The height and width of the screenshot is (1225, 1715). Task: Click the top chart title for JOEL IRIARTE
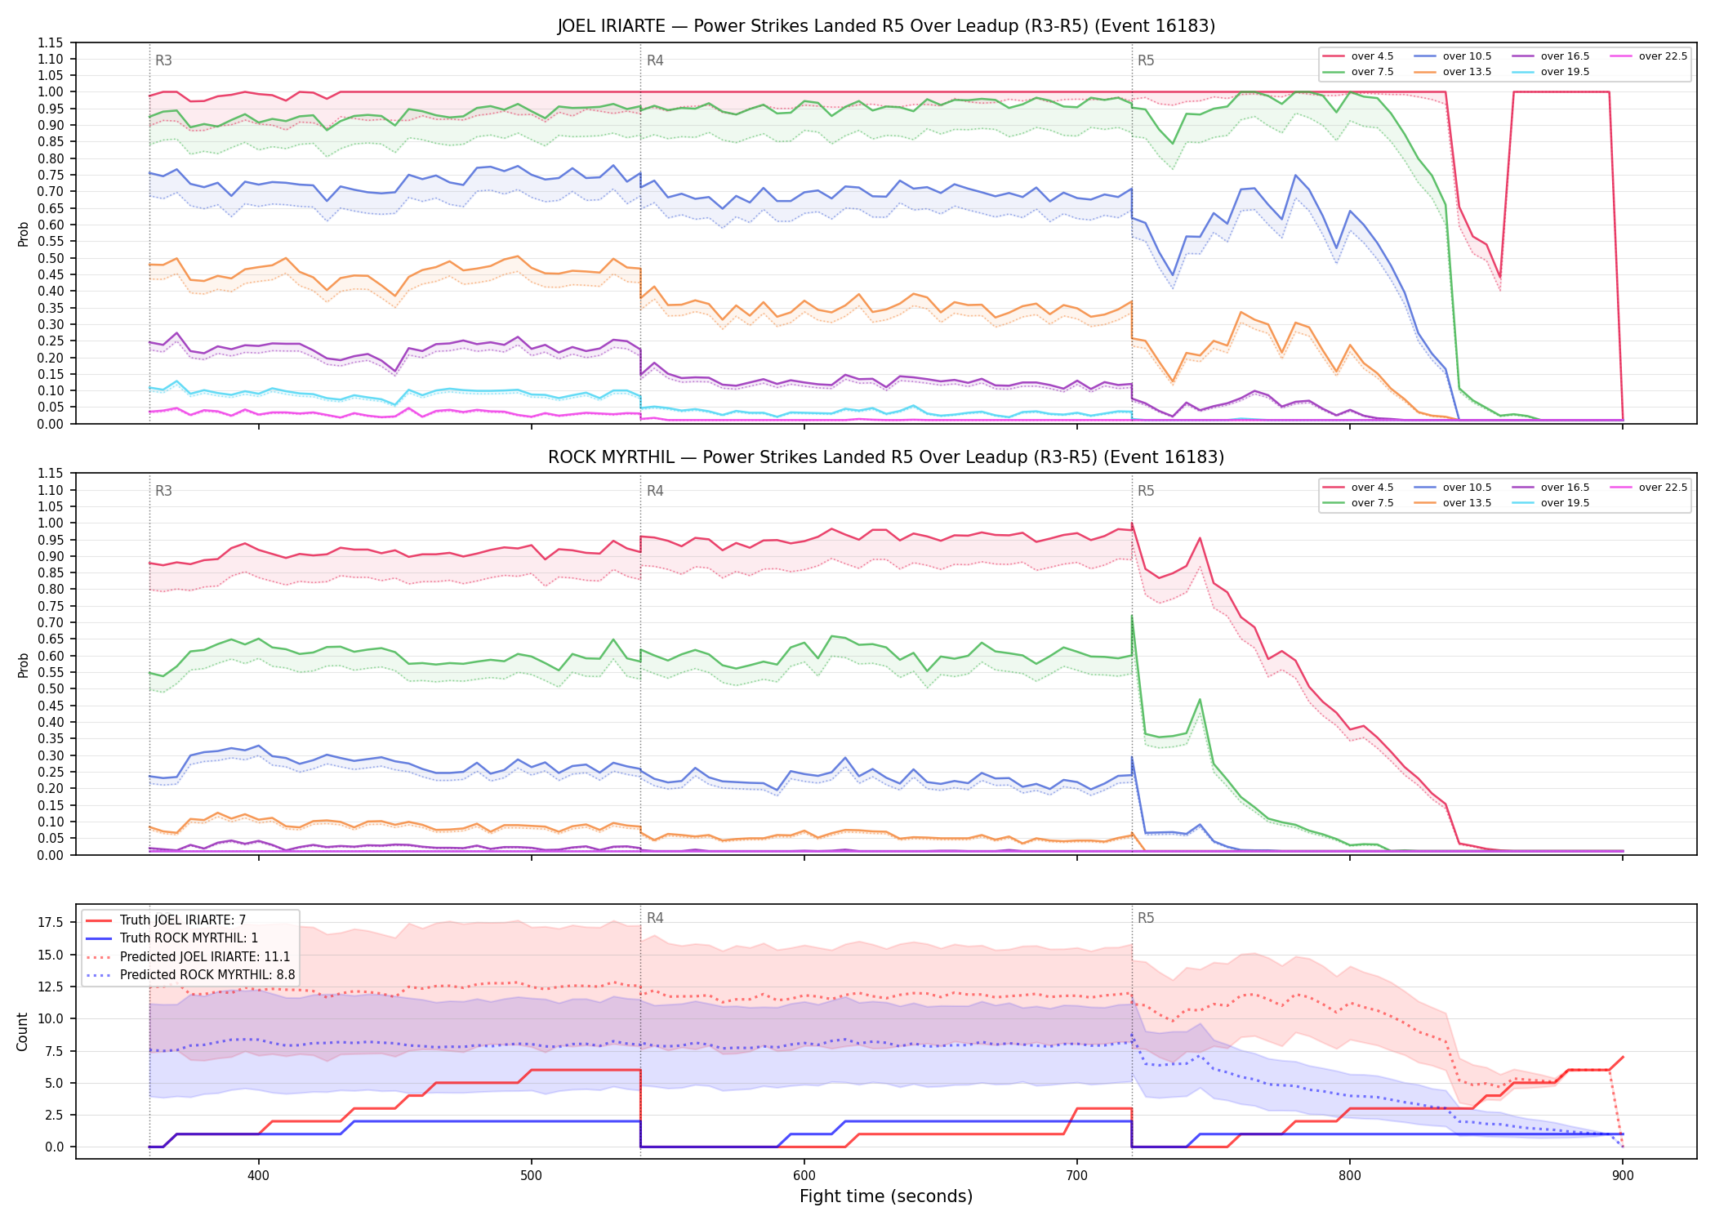coord(886,26)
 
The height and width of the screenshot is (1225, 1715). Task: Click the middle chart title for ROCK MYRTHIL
coord(886,457)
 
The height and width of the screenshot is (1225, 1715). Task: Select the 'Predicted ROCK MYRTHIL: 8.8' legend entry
coord(190,974)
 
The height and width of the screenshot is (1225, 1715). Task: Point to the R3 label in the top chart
coord(163,60)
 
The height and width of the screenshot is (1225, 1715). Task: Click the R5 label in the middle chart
coord(1146,491)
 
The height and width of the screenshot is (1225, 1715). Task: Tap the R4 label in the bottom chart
coord(655,918)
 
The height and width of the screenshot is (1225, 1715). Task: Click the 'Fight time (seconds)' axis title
coord(886,1196)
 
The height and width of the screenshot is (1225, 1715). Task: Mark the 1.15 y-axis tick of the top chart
coord(51,42)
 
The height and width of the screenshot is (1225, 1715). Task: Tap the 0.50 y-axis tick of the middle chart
coord(51,688)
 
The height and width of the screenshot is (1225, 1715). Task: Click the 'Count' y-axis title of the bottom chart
coord(22,1031)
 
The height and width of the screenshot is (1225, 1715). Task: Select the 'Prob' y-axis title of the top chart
coord(24,234)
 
